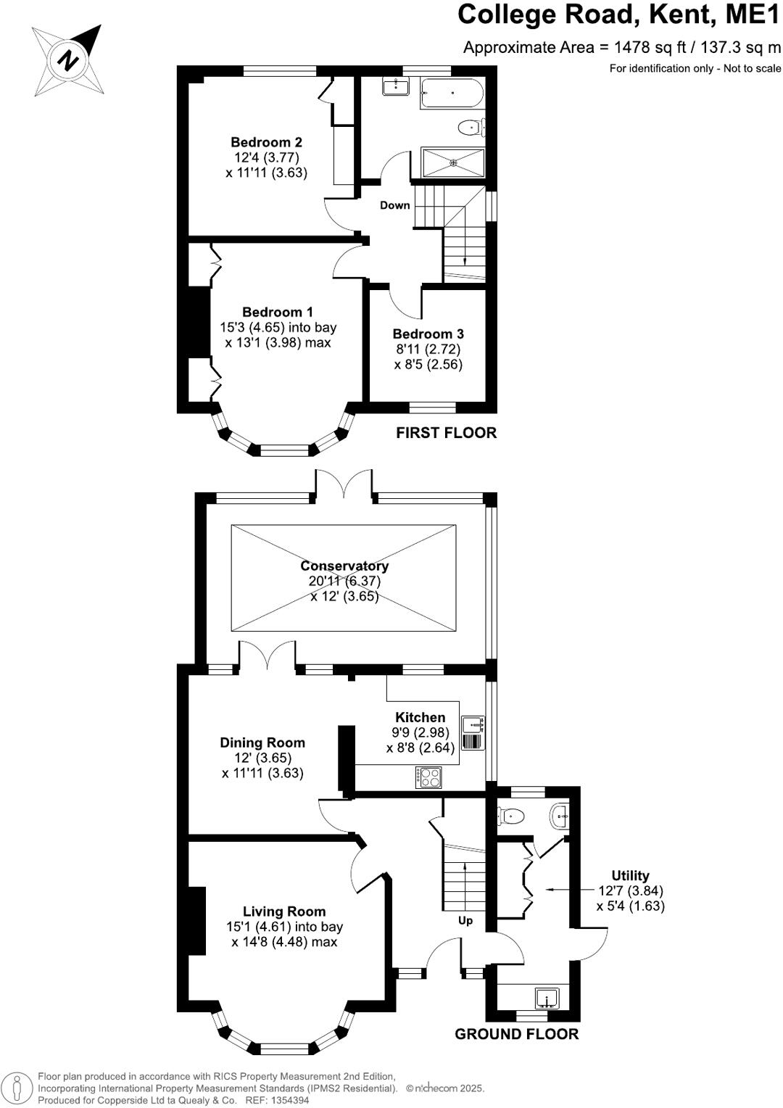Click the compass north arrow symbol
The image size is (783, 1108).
[x=67, y=59]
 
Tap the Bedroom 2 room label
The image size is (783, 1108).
[x=266, y=142]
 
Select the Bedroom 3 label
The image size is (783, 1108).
[x=428, y=334]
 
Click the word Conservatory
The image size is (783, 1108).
[x=344, y=566]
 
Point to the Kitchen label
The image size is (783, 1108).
[x=420, y=717]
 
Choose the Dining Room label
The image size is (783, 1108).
[x=262, y=743]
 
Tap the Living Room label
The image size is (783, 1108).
[x=284, y=911]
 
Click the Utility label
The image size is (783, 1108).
[x=630, y=875]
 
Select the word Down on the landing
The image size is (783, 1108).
[x=395, y=205]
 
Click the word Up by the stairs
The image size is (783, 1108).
[x=465, y=920]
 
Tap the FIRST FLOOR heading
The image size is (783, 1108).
[x=446, y=433]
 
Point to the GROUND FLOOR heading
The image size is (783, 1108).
[x=516, y=1034]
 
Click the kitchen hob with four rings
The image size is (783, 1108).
[x=429, y=777]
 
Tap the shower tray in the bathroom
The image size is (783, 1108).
[x=453, y=162]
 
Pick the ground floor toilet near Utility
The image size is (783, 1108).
[x=511, y=816]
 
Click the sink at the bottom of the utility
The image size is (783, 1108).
[x=546, y=1000]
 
